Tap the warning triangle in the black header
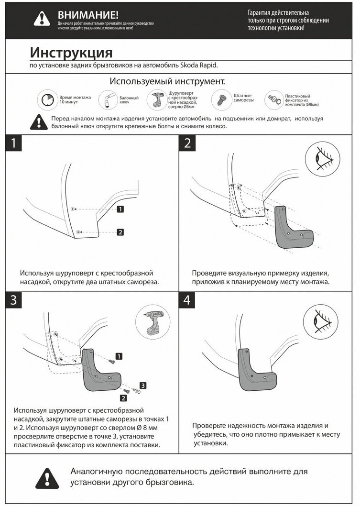coord(42,18)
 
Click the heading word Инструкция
coord(71,52)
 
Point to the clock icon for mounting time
coord(47,99)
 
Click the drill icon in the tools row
coord(157,99)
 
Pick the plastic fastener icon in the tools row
coord(273,99)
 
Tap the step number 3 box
coord(14,300)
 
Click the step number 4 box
coord(187,300)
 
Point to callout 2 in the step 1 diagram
coord(120,232)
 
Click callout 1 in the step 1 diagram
coord(120,209)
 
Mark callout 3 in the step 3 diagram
coord(142,385)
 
